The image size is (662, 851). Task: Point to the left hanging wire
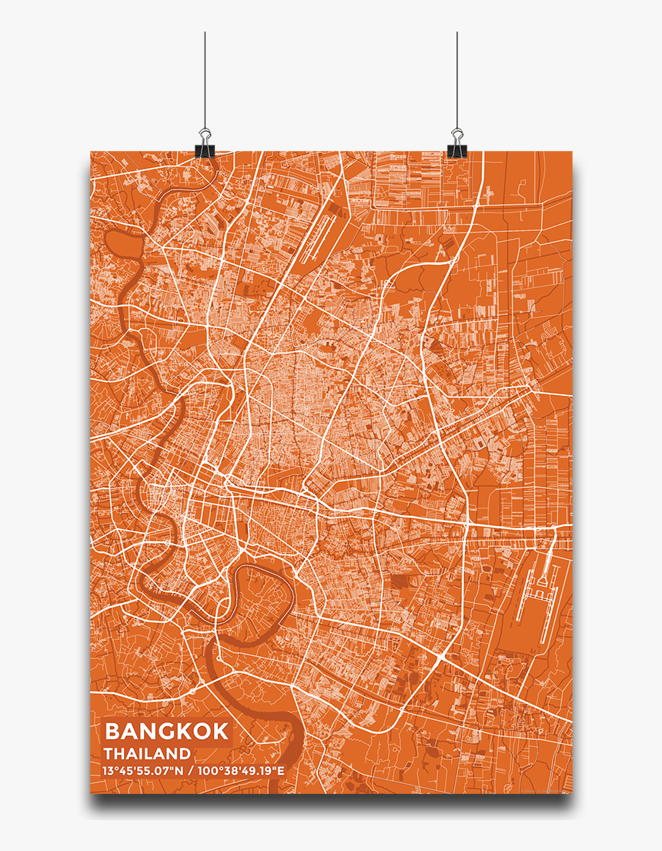pyautogui.click(x=205, y=77)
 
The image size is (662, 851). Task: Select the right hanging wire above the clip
pyautogui.click(x=456, y=77)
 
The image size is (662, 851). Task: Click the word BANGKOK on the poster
pyautogui.click(x=166, y=731)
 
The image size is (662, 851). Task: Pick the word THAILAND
pyautogui.click(x=147, y=753)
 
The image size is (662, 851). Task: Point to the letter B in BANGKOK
pyautogui.click(x=112, y=731)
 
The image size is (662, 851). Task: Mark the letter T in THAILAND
pyautogui.click(x=109, y=753)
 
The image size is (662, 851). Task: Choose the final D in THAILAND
pyautogui.click(x=185, y=753)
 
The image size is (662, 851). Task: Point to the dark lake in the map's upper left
pyautogui.click(x=122, y=246)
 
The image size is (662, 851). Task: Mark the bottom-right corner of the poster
pyautogui.click(x=572, y=793)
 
